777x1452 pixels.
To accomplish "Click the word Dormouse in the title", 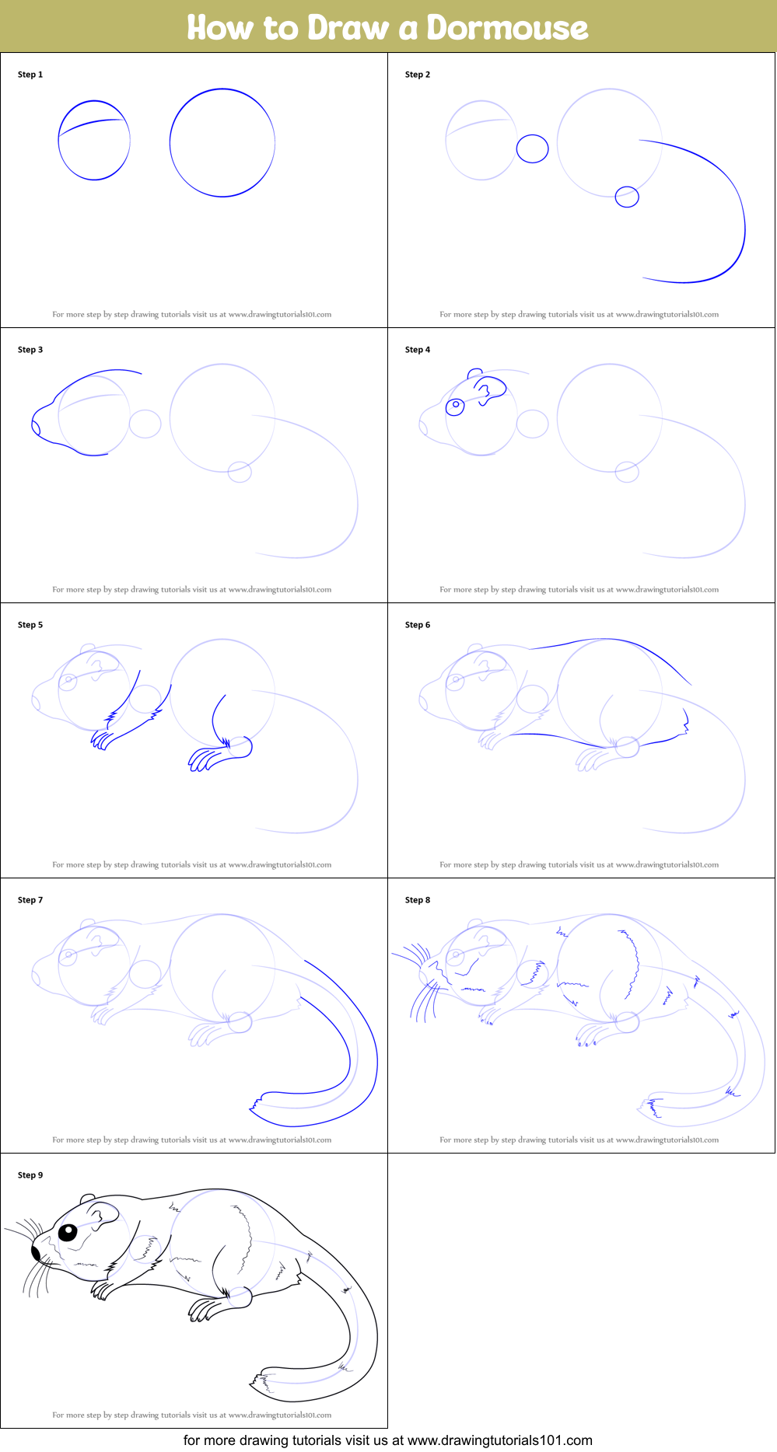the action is [507, 27].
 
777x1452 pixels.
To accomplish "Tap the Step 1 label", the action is [30, 75].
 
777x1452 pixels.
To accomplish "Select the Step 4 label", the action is [418, 350].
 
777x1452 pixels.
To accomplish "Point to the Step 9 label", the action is [30, 1175].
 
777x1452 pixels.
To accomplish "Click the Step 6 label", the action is [418, 625].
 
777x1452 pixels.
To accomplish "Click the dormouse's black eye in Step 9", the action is [68, 1233].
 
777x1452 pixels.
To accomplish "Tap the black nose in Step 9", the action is [36, 1252].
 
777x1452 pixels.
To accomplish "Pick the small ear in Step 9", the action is [87, 1200].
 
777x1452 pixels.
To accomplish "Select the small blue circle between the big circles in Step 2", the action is [533, 148].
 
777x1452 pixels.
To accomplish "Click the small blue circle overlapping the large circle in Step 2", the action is [627, 197].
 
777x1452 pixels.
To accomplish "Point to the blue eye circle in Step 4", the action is [455, 406].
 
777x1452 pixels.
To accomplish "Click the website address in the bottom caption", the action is [500, 1440].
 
